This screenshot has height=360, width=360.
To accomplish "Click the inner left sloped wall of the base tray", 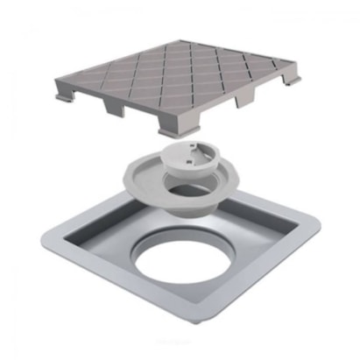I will [96, 241].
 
